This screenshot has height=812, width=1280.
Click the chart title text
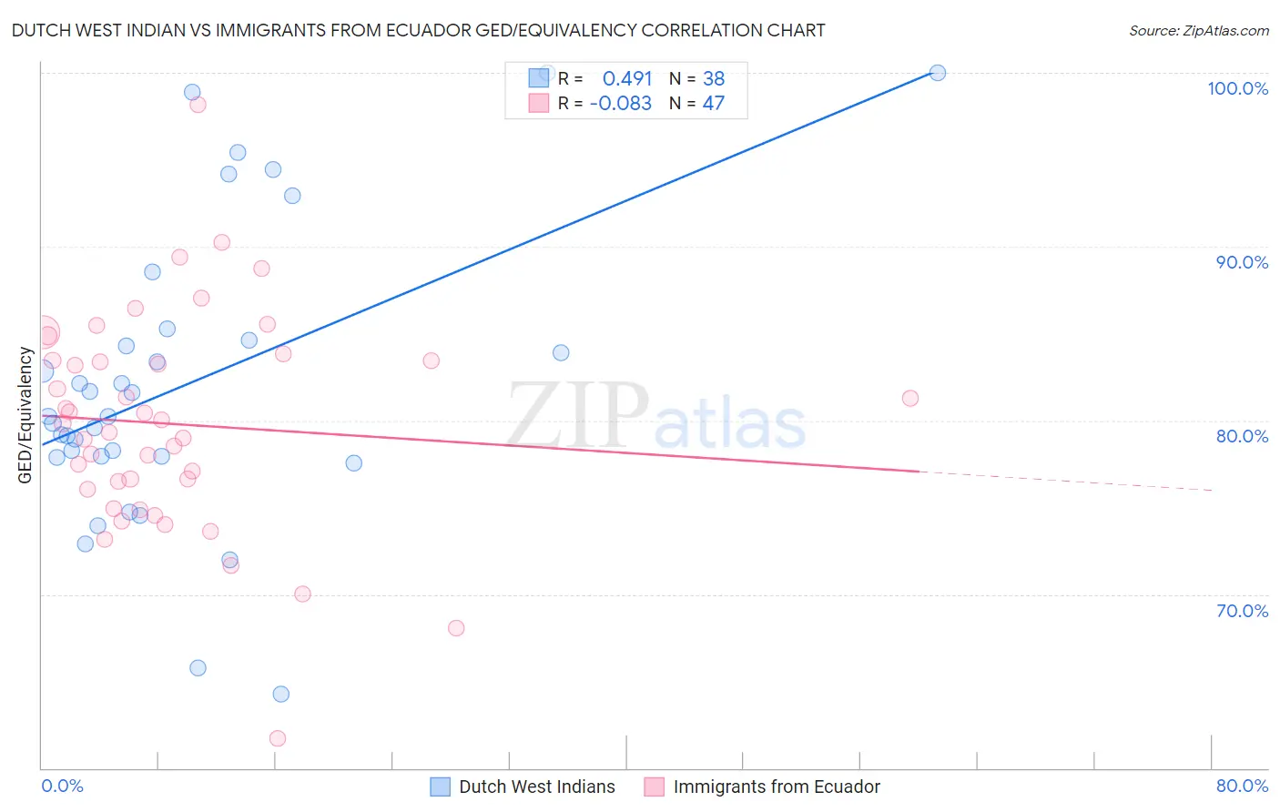[418, 30]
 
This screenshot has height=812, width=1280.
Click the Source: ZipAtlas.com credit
[1198, 31]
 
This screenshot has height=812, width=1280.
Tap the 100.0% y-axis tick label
[1237, 88]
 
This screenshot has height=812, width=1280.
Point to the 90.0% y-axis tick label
[1242, 262]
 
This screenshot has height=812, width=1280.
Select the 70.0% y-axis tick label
[1242, 611]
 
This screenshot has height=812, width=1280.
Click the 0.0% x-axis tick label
[62, 786]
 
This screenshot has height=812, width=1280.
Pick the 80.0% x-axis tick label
[1242, 786]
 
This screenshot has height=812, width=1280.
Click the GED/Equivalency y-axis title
[25, 415]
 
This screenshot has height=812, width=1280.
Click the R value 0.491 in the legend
[627, 78]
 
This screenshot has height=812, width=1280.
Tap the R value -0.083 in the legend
[621, 104]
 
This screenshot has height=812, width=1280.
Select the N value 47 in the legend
[713, 104]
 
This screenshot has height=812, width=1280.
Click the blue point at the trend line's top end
[937, 73]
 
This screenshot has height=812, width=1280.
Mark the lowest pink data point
[278, 738]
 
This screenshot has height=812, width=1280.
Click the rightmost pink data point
[909, 398]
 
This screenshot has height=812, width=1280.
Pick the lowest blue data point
[280, 694]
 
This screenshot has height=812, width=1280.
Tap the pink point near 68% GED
[456, 628]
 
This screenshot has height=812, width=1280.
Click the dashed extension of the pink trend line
[1065, 481]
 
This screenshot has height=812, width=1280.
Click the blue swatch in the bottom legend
[441, 787]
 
